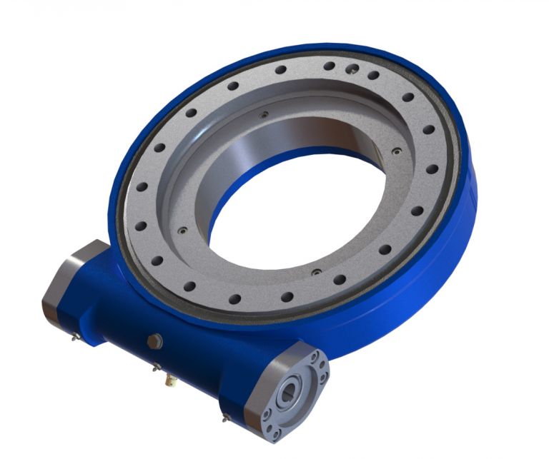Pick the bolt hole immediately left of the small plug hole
pos(330,66)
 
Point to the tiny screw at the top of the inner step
pos(264,114)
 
